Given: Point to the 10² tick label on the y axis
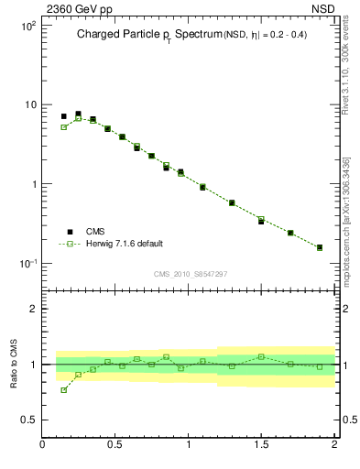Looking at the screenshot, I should point(30,25).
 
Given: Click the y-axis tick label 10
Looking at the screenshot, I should point(32,104).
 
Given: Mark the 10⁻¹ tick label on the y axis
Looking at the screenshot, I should point(29,263).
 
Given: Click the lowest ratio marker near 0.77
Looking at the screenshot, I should point(64,390).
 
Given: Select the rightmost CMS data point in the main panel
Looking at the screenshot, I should point(320,247).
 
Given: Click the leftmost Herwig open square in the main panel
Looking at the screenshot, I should point(64,127).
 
